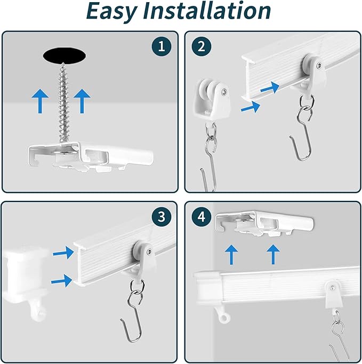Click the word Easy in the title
pos(112,11)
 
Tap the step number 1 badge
pos(162,46)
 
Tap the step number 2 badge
pos(202,46)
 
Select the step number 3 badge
pos(162,216)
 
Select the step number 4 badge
pos(202,216)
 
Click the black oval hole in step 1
pos(65,56)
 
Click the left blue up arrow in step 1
pos(40,101)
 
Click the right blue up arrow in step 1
pos(82,101)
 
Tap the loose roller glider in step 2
pos(212,99)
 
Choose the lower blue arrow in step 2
pos(251,107)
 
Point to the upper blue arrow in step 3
pos(63,253)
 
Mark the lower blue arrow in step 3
pos(61,280)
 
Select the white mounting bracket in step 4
pos(265,223)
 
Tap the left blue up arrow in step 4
pos(231,255)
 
